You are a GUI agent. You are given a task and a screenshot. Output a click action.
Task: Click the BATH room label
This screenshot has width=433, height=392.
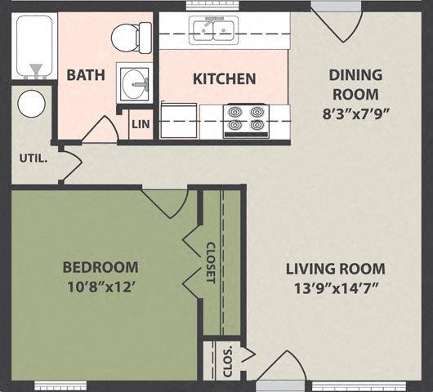tap(86, 75)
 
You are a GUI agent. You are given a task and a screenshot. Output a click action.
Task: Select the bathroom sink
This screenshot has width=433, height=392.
tap(136, 82)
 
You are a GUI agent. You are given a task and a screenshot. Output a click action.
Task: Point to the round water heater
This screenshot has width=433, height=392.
tap(31, 105)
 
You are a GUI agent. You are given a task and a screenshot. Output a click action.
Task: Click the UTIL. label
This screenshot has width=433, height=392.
tap(33, 158)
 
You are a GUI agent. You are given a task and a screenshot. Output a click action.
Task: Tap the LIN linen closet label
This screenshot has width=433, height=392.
tap(139, 123)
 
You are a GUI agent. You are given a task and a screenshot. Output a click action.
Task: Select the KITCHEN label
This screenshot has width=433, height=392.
tap(224, 79)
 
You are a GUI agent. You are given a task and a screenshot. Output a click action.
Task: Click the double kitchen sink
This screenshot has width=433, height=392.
tap(213, 31)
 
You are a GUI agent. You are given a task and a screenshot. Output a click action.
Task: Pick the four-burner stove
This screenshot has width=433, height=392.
tap(247, 119)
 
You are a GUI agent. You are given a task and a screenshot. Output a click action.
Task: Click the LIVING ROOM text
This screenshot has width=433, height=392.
tap(335, 269)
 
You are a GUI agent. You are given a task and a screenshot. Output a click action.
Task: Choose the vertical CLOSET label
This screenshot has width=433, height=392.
tap(210, 262)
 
